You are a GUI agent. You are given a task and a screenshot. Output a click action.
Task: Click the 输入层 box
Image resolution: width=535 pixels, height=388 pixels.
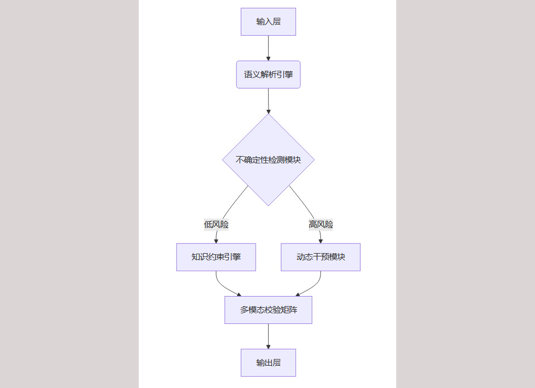[x=268, y=22]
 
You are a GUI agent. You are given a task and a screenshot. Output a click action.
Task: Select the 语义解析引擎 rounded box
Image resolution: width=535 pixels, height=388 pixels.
[x=268, y=74]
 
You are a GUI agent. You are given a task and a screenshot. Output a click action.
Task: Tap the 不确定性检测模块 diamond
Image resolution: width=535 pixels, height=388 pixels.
[x=268, y=159]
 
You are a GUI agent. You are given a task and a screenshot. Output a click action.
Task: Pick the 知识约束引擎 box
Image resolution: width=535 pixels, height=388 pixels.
[x=216, y=257]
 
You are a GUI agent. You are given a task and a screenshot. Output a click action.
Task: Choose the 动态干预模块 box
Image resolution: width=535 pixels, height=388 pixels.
[x=320, y=257]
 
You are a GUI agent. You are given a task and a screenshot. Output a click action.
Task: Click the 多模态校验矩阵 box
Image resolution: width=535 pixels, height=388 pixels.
[x=268, y=310]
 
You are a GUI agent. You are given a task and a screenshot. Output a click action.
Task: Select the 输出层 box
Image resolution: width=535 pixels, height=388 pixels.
[x=268, y=363]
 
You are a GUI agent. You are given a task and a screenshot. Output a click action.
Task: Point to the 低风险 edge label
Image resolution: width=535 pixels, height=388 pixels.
[x=216, y=225]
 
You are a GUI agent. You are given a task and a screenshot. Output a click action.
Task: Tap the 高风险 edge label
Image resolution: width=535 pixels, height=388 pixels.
[x=320, y=225]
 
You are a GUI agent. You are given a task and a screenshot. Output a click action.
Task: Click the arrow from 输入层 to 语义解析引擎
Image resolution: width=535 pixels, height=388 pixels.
[x=268, y=47]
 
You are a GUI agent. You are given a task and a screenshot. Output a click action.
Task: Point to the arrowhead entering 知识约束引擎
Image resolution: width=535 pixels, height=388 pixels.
[x=216, y=241]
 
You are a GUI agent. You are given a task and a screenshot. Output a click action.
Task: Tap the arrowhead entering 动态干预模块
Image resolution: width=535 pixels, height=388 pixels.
[x=320, y=241]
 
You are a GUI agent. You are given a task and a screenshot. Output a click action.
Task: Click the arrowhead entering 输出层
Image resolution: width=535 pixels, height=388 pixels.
[x=268, y=347]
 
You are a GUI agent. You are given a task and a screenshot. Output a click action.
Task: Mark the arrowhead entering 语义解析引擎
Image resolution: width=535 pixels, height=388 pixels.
[x=268, y=58]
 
